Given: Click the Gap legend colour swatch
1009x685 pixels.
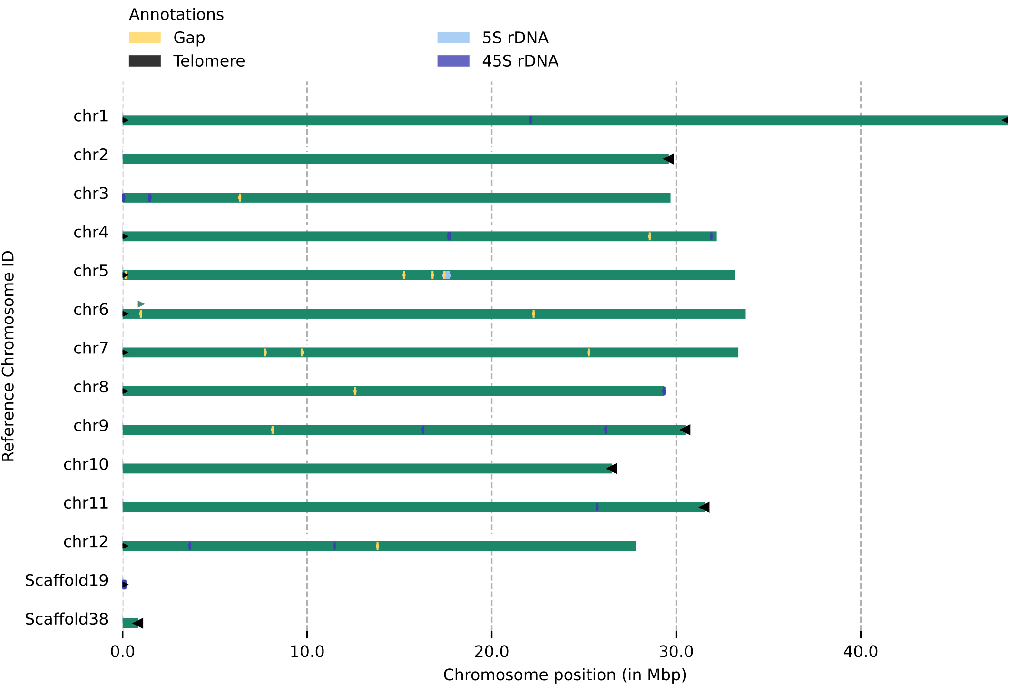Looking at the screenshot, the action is [145, 38].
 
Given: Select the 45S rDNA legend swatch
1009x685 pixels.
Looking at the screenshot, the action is [453, 61].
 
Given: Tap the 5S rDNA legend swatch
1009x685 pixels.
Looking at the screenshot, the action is [453, 38].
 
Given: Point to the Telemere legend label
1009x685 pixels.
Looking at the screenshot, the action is [209, 61].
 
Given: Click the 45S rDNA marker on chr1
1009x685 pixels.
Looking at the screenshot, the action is [531, 120].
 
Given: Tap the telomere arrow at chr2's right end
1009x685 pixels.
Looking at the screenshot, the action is [668, 159].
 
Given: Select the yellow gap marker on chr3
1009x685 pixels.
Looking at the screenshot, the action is [240, 198].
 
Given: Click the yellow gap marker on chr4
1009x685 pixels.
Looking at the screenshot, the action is [650, 236].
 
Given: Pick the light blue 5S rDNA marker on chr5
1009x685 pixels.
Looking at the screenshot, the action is [447, 275].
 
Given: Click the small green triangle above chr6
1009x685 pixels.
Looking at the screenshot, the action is [141, 304].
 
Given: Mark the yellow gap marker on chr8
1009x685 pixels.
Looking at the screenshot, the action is [355, 391].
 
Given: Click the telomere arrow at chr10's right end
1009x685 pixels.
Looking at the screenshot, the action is [612, 469].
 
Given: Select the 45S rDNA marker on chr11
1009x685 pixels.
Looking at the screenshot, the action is [597, 507].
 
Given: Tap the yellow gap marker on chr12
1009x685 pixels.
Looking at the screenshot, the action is [378, 546].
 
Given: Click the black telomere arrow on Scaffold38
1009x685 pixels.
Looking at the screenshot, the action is [138, 623].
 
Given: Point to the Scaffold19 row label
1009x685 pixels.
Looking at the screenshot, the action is [67, 581].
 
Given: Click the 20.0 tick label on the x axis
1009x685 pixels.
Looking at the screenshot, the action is [491, 652].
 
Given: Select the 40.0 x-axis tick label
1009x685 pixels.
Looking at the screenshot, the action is [861, 652].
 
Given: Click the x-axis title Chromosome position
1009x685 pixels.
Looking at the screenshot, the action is [565, 675].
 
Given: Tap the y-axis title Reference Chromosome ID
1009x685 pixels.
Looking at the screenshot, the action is [9, 356].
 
